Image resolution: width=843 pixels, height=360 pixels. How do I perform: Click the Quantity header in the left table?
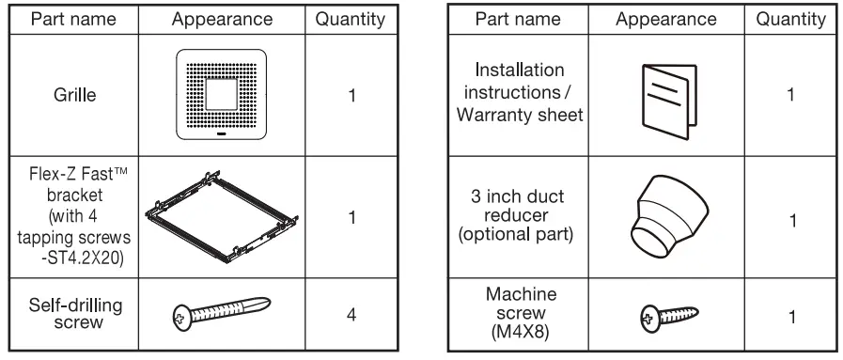point(350,19)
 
